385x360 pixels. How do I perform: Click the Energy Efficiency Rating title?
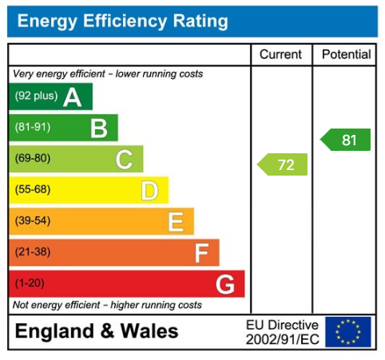pos(122,22)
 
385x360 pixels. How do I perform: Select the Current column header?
pos(281,55)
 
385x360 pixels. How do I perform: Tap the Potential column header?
pos(346,55)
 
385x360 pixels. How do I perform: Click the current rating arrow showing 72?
pos(284,165)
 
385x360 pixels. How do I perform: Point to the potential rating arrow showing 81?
pos(347,140)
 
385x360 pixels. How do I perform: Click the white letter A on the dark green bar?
pos(73,97)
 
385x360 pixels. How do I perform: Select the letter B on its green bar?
pos(98,128)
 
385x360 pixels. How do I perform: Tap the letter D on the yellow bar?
pos(149,191)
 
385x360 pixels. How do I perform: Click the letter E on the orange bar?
pos(175,222)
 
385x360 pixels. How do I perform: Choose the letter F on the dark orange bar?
pos(201,253)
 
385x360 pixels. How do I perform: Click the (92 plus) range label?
pos(35,97)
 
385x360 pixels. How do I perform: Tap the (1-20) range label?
pos(30,283)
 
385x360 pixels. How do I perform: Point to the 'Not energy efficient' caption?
pos(107,305)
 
